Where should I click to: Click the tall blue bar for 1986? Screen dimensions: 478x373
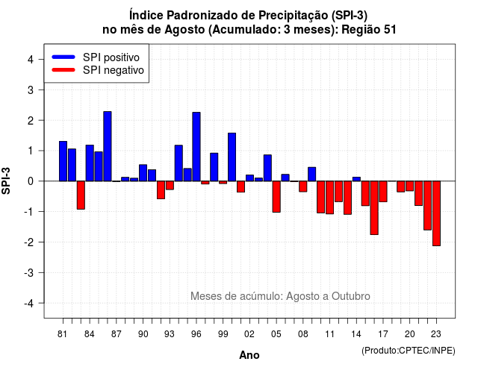coord(108,146)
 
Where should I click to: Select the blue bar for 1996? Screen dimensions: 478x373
coord(196,146)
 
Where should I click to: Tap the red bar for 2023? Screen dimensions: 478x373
coord(436,213)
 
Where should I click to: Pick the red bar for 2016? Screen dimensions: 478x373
coord(374,207)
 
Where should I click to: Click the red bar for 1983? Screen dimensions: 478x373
coord(81,195)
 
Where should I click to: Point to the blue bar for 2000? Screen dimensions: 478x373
coord(232,157)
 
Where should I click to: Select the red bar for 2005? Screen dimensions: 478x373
coord(276,197)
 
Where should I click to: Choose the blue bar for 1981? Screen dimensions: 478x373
coord(63,161)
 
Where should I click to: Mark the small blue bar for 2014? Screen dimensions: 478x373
coord(356,179)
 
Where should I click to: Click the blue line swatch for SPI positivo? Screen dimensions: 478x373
coord(63,57)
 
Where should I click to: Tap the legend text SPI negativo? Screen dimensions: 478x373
coord(114,70)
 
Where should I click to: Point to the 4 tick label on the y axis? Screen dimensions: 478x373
coord(31,60)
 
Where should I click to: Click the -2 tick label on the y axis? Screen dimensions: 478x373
coord(28,242)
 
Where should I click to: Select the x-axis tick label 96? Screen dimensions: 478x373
coord(196,334)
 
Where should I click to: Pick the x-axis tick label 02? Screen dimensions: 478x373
coord(249,334)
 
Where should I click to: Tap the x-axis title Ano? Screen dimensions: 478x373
coord(249,355)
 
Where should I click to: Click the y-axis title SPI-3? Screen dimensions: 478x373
coord(7,181)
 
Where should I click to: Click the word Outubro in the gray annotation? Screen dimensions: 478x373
coord(351,296)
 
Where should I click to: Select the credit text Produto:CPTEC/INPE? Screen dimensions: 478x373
coord(409,351)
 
